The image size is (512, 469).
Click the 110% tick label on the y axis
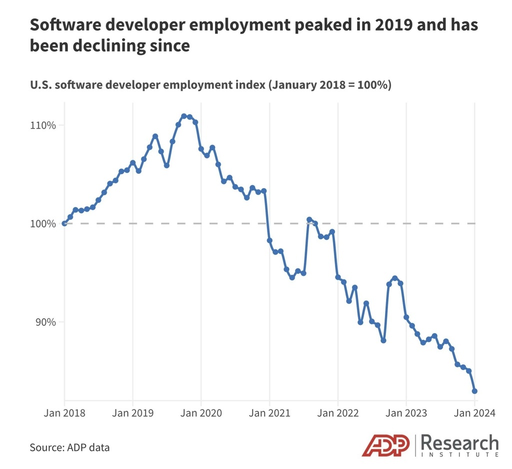pyautogui.click(x=41, y=125)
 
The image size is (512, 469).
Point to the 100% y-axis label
pyautogui.click(x=41, y=223)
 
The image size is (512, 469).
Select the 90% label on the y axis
pyautogui.click(x=43, y=322)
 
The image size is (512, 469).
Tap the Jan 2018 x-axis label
pyautogui.click(x=65, y=413)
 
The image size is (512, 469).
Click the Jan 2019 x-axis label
pyautogui.click(x=133, y=413)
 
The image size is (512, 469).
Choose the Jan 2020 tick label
pyautogui.click(x=201, y=413)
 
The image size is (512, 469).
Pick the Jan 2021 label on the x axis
pyautogui.click(x=270, y=413)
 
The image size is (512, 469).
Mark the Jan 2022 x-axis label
pyautogui.click(x=338, y=413)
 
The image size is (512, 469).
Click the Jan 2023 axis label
pyautogui.click(x=406, y=413)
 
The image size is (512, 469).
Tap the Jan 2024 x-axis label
pyautogui.click(x=473, y=413)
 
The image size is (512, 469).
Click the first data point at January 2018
pyautogui.click(x=64, y=223)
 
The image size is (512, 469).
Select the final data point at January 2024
pyautogui.click(x=474, y=391)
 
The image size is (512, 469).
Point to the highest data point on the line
pyautogui.click(x=184, y=116)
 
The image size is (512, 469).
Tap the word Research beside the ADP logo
pyautogui.click(x=459, y=443)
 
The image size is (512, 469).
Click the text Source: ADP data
pyautogui.click(x=69, y=447)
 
